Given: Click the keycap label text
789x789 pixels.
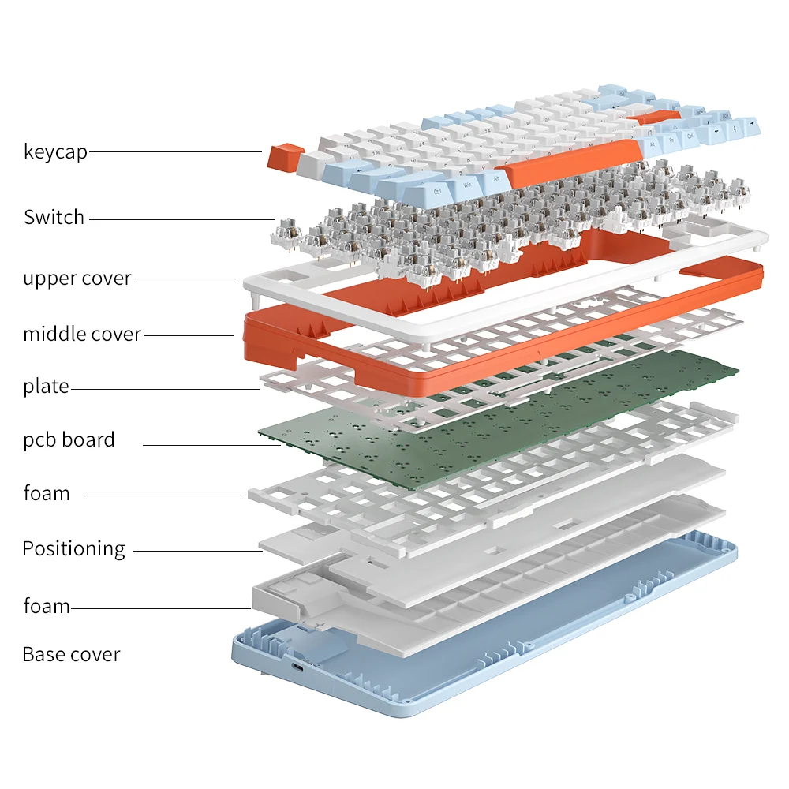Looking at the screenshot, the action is pos(55,151).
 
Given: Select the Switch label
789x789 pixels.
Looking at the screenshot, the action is pos(54,218).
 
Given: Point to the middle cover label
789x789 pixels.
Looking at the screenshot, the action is pos(82,334).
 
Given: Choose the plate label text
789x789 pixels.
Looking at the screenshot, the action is pos(46,387).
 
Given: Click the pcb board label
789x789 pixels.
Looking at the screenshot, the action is pos(69,439).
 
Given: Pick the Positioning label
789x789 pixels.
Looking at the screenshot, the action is pos(73,549).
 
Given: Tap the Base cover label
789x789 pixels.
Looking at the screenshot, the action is pos(71,654).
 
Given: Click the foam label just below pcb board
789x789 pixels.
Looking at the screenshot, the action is pos(47,493).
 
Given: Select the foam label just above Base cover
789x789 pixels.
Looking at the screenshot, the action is pos(47,606).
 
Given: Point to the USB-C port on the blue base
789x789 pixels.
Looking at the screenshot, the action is pos(298,668).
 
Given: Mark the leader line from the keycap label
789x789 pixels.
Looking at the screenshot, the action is pos(175,151).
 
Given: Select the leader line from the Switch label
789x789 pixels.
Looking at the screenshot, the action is pos(181,219).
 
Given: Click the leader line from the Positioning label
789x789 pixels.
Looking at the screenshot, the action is pos(198,551).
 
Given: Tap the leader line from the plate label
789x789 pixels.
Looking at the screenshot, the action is pos(166,389).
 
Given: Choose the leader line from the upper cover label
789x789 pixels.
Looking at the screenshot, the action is pos(188,279).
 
